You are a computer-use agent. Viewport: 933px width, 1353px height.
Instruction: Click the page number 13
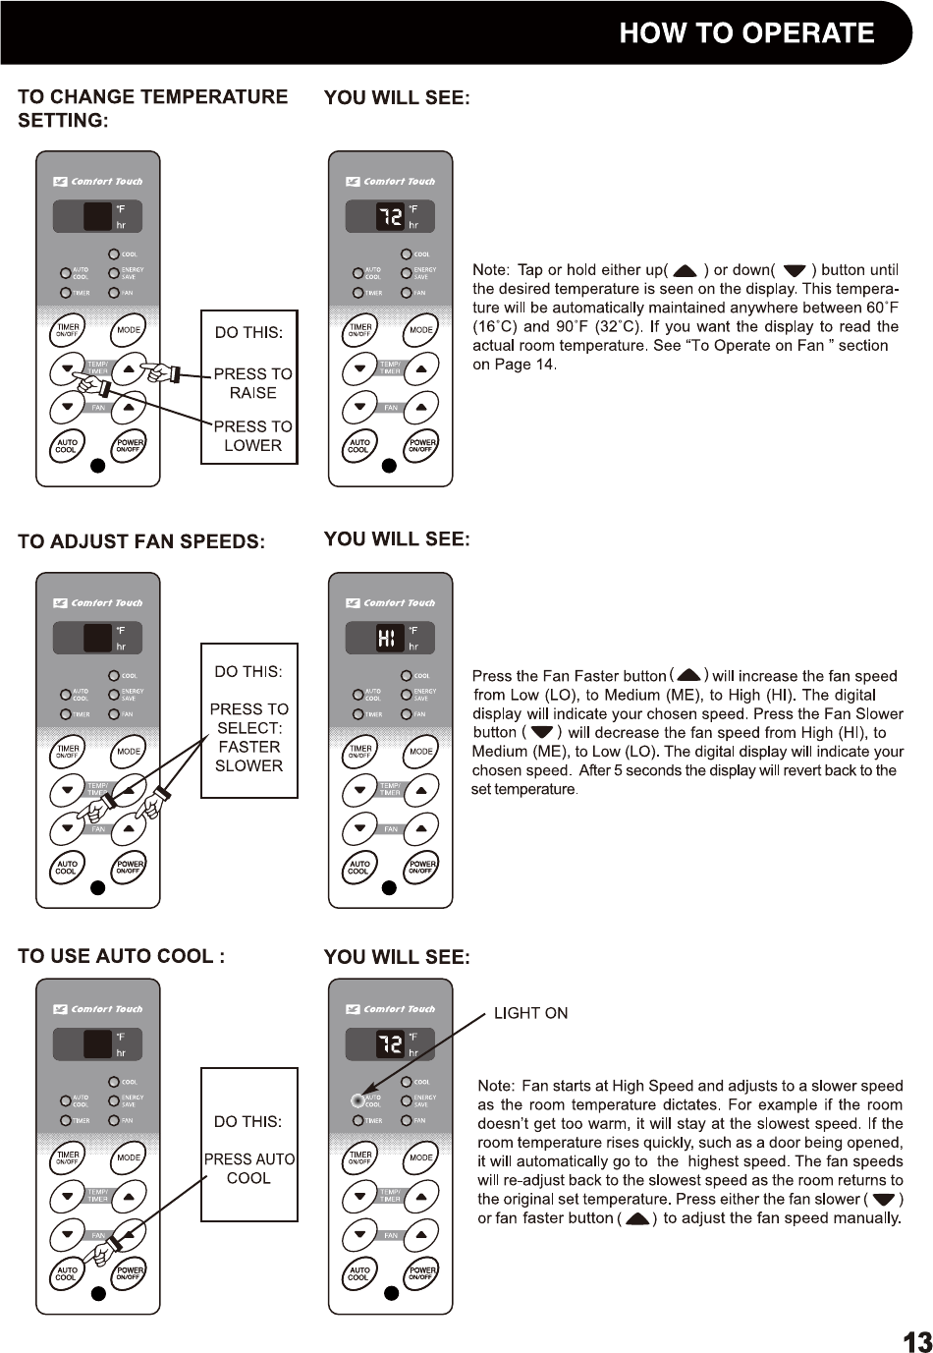pos(916,1341)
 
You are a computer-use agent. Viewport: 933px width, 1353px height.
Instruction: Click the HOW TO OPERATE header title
pos(746,33)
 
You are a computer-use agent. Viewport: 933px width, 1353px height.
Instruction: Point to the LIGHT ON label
pos(530,1013)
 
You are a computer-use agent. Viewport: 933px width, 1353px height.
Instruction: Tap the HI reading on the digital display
pos(389,639)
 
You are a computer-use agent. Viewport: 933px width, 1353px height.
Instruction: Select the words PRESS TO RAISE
pos(252,383)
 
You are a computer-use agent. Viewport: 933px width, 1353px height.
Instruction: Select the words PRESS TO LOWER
pos(252,435)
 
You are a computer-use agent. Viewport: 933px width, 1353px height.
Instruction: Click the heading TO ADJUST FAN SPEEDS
pos(141,541)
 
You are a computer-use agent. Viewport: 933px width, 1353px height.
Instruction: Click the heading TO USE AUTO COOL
pos(122,956)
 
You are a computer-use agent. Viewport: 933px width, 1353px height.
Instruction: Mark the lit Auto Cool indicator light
pos(357,1099)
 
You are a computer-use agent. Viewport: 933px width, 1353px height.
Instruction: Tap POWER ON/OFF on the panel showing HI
pos(422,867)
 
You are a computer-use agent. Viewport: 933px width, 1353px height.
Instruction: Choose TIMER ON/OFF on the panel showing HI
pos(360,752)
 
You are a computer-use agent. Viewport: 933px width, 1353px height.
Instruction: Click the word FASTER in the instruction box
pos(249,747)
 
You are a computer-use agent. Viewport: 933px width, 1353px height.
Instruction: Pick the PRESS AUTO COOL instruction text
pos(249,1168)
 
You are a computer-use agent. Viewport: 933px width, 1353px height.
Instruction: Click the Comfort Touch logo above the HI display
pos(390,603)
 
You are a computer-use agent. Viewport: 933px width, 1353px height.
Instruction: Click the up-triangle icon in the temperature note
pos(686,271)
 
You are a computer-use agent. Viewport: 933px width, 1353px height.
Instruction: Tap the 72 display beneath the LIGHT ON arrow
pos(390,1043)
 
